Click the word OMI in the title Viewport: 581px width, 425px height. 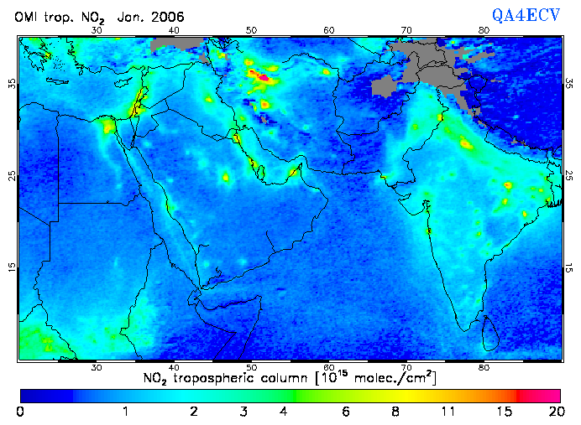point(26,17)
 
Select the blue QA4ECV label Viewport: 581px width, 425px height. point(526,15)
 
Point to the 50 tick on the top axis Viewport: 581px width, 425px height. point(251,30)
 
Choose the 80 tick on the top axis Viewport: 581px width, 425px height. point(484,30)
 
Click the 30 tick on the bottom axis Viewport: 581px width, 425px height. point(97,367)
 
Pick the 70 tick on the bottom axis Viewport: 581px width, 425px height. point(406,367)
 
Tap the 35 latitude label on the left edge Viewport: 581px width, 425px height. point(11,84)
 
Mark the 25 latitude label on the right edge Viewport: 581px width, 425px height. point(569,175)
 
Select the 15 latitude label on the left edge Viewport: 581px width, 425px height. point(11,267)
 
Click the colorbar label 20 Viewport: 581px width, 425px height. point(553,412)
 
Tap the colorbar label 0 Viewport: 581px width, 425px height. point(20,412)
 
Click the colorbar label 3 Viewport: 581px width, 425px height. point(243,412)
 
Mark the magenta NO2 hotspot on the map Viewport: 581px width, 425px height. point(263,78)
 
